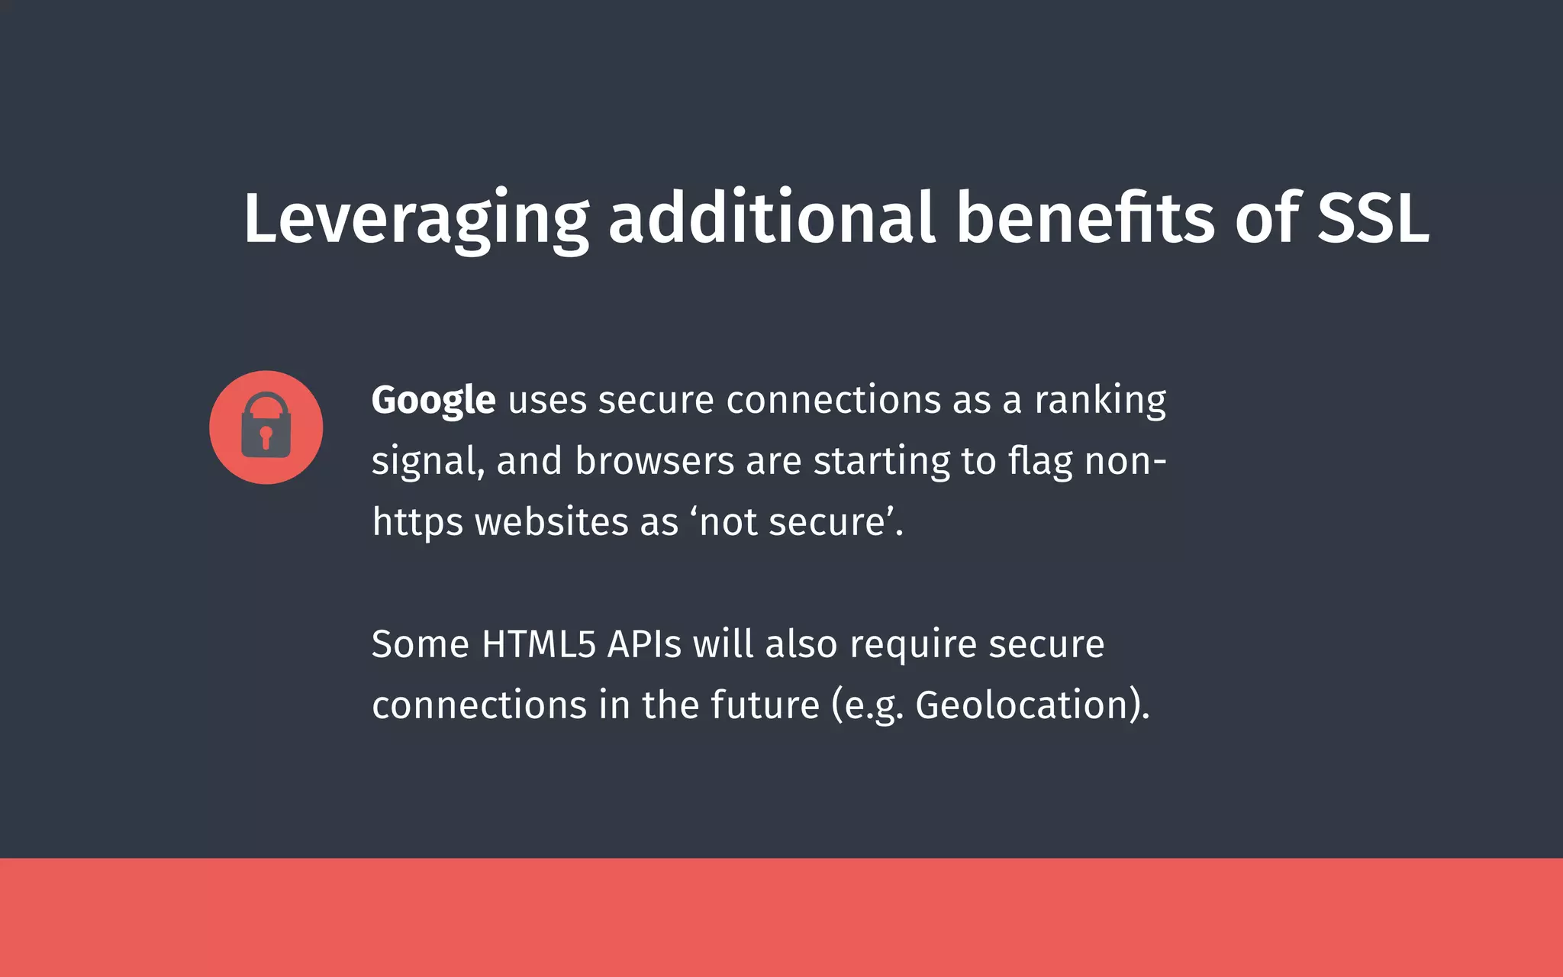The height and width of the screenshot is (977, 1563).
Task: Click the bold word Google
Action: pos(433,400)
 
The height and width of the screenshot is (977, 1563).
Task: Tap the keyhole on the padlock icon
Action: pos(266,437)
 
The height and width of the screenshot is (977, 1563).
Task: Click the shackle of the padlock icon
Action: pos(266,403)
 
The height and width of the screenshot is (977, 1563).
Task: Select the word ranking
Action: pos(1100,400)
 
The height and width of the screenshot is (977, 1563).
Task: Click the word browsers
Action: pos(654,461)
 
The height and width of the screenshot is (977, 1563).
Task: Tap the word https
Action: pos(417,523)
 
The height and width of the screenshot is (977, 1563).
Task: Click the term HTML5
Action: pos(538,643)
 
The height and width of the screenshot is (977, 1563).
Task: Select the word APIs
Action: pos(644,643)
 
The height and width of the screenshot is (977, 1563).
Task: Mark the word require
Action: pos(913,645)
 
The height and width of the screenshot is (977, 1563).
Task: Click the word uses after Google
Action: pos(547,400)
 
